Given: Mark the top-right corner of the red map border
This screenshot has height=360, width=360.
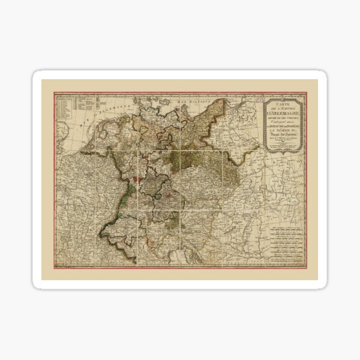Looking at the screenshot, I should click(307, 92).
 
